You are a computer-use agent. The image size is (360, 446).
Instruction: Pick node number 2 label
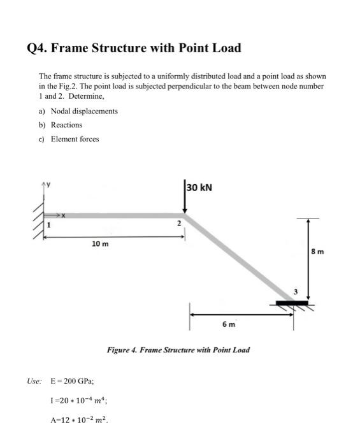(180, 224)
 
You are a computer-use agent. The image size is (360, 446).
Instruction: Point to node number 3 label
(295, 292)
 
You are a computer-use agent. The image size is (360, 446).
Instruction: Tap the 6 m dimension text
(229, 324)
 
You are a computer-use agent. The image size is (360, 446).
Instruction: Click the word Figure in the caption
(118, 350)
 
